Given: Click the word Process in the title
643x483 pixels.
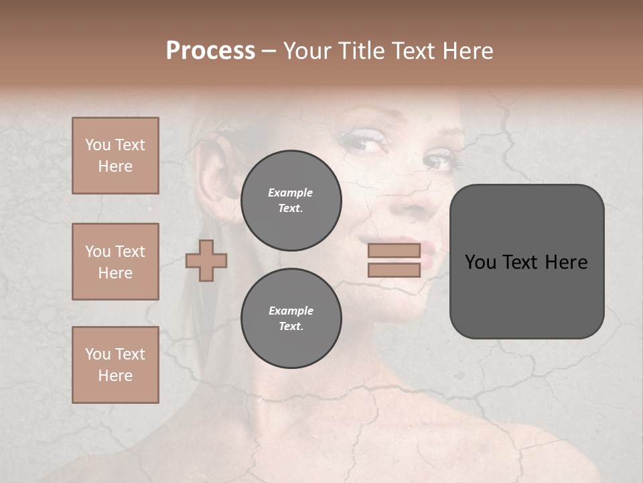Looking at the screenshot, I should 210,51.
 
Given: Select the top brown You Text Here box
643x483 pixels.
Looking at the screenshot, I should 115,156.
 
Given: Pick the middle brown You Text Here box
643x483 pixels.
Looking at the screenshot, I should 115,262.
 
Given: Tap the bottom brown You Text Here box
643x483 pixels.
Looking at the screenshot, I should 115,365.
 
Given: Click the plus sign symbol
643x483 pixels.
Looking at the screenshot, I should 206,260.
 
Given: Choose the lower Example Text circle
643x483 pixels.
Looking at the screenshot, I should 291,318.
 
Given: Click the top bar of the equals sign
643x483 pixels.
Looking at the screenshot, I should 394,251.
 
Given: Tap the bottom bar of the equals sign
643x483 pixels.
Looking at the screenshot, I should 394,270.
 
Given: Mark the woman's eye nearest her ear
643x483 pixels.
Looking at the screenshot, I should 362,141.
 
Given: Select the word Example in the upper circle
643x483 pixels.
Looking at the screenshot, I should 291,193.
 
